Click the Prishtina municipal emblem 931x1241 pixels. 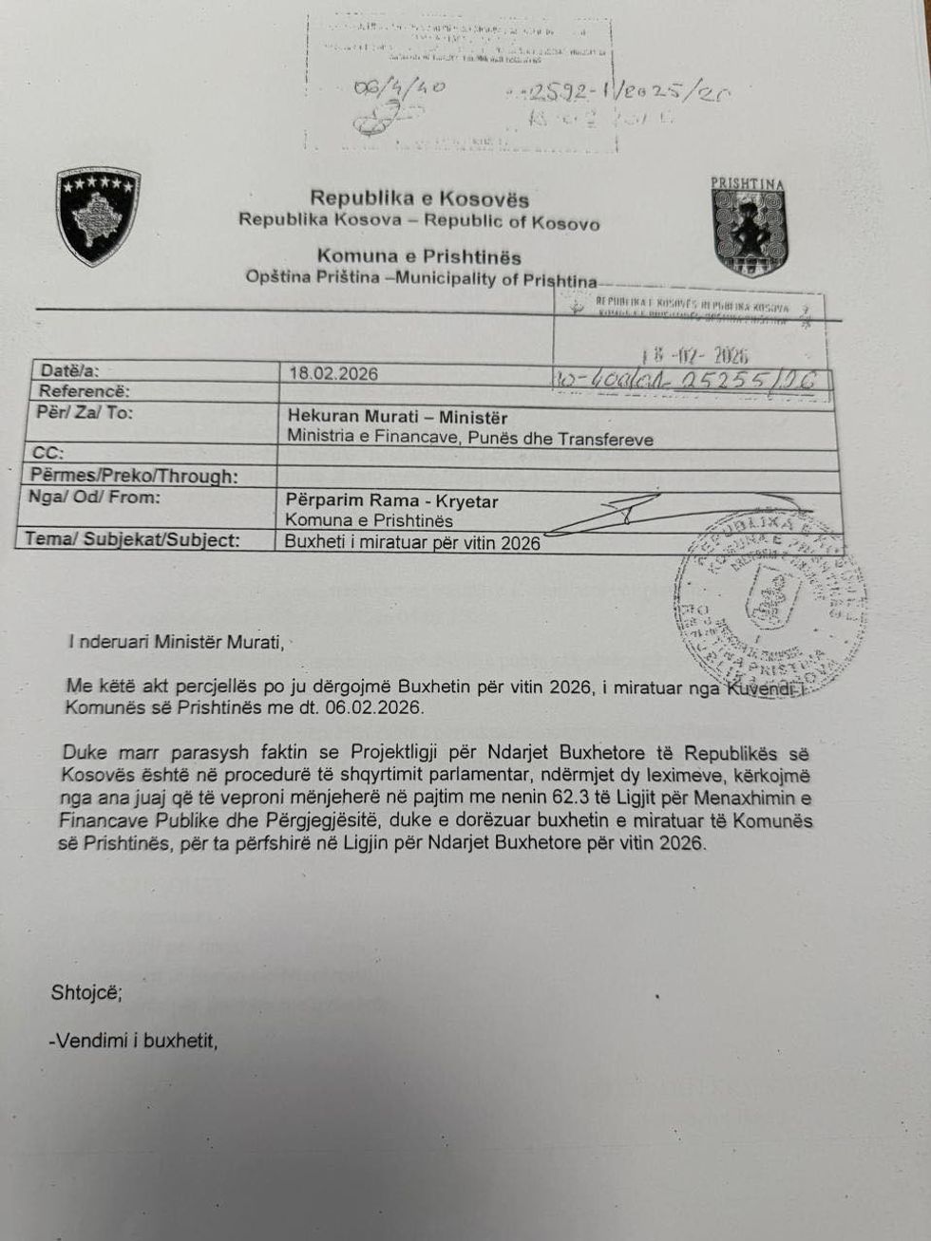[750, 228]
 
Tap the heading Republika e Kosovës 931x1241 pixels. [419, 198]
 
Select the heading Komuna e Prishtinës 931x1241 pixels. [419, 256]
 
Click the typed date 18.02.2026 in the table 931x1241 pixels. [333, 373]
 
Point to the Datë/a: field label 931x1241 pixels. [70, 371]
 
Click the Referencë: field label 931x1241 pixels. [84, 391]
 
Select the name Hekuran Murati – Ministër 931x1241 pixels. [397, 417]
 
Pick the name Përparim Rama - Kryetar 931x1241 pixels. [391, 500]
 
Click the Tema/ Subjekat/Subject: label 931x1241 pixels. [132, 540]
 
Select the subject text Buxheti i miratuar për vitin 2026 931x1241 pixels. [413, 543]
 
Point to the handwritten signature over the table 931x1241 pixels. [598, 513]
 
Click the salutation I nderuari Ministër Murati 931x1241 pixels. [176, 642]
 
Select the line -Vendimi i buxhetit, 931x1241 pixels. [134, 1041]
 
